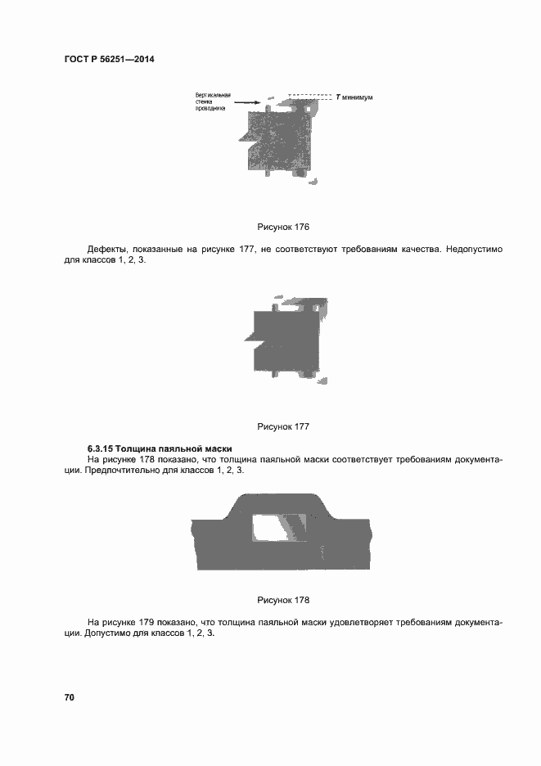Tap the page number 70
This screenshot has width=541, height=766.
[70, 697]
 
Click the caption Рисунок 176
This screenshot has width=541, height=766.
[282, 227]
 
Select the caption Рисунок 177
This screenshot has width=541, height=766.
[282, 426]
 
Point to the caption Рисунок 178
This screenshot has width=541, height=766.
[282, 599]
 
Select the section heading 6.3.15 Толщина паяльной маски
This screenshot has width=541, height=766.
[160, 448]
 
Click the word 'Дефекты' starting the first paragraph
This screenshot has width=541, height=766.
[106, 249]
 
